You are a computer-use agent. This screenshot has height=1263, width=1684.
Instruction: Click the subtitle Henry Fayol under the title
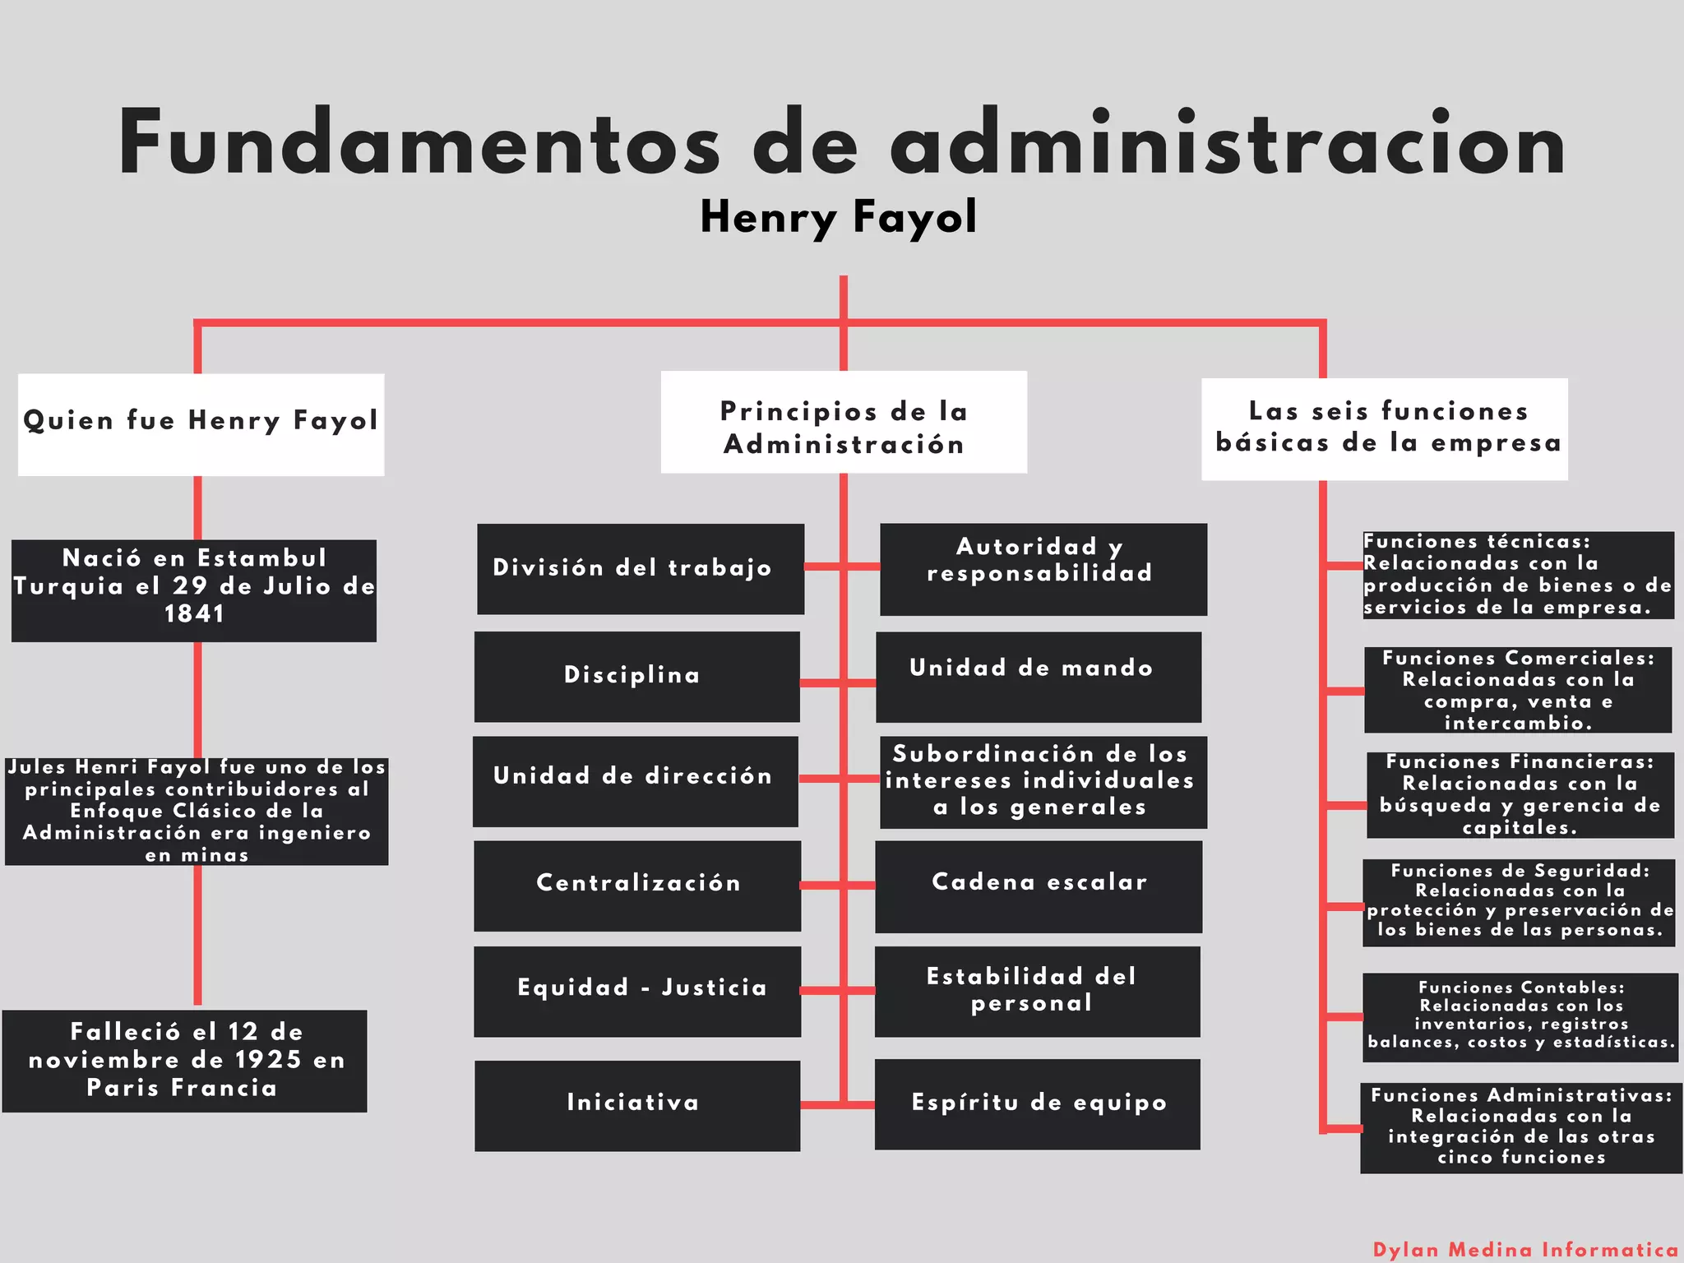coord(838,217)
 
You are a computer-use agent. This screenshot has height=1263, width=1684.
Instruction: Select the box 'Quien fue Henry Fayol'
coord(201,424)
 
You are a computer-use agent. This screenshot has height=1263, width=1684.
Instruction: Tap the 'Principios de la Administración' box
coord(844,422)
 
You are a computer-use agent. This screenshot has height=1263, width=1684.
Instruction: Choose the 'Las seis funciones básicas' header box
coord(1385,428)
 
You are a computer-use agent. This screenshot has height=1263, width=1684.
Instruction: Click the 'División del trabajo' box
coord(641,568)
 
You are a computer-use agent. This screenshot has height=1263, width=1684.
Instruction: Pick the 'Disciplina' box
coord(636,676)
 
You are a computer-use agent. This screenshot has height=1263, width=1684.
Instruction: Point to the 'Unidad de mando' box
coord(1038,676)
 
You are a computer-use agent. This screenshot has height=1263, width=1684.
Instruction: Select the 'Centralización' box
coord(637,885)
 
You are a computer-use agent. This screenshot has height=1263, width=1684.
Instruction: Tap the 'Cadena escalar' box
coord(1038,886)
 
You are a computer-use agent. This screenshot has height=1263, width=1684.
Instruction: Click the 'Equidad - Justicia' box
coord(637,991)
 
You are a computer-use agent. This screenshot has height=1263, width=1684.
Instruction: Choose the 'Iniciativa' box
coord(636,1104)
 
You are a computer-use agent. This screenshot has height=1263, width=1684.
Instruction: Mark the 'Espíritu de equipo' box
coord(1037,1103)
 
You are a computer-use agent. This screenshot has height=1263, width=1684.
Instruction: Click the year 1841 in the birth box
coord(194,614)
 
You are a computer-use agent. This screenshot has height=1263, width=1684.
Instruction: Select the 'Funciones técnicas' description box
coord(1518,575)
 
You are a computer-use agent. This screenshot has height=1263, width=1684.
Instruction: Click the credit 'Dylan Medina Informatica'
coord(1524,1250)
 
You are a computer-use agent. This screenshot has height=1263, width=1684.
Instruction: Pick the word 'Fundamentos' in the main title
coord(419,143)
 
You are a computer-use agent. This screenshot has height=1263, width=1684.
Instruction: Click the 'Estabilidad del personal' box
coord(1037,991)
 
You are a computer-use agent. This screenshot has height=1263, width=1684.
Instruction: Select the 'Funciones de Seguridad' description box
coord(1519,902)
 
